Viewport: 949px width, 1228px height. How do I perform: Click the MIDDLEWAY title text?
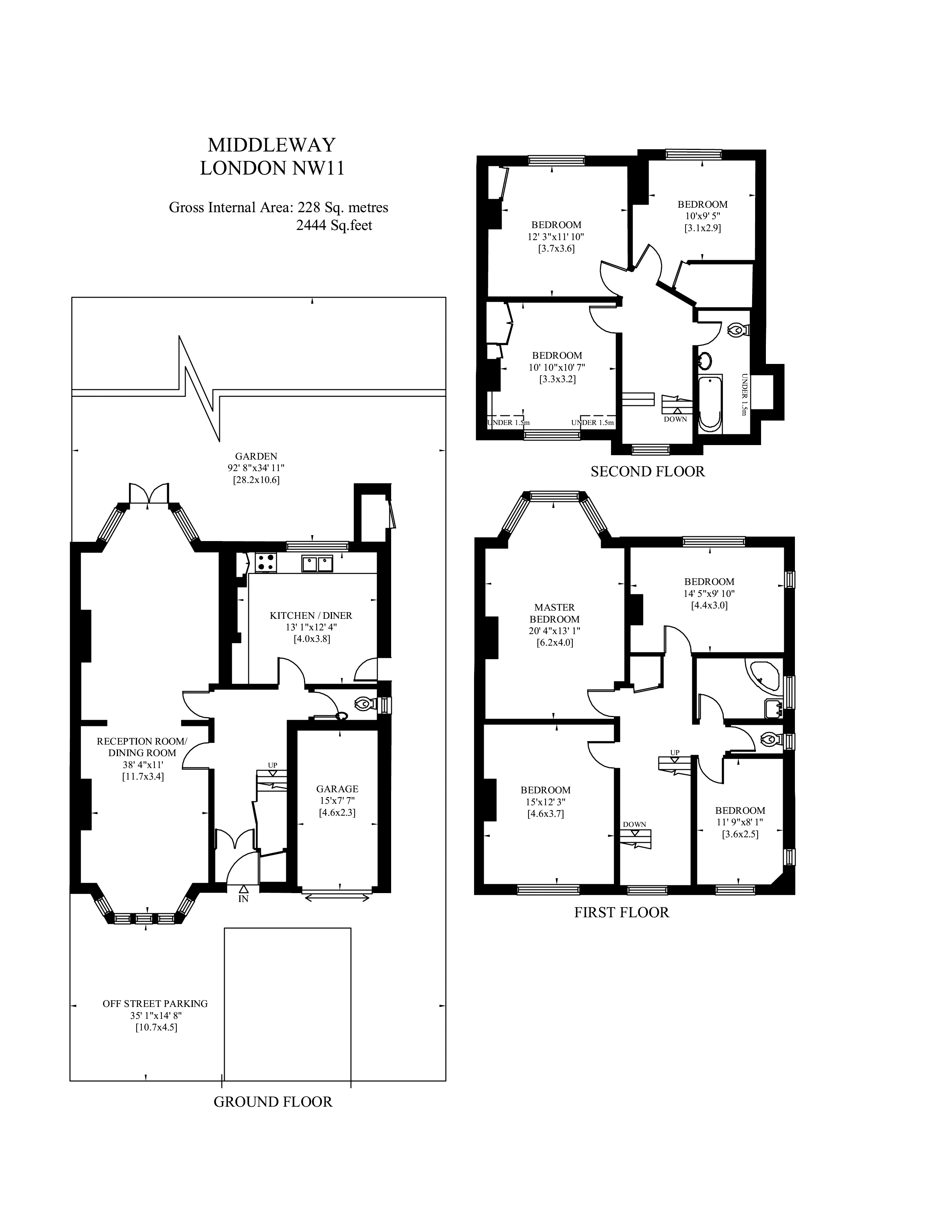(272, 145)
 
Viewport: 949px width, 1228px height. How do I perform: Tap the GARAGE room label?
(337, 789)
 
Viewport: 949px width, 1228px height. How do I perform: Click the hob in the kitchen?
(266, 562)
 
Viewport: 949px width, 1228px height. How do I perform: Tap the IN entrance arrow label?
(243, 899)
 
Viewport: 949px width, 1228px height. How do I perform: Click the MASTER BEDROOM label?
(555, 613)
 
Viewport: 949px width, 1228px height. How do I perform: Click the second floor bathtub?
(710, 404)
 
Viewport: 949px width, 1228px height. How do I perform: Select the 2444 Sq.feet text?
(334, 226)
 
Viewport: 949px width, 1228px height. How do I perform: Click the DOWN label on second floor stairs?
(675, 419)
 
